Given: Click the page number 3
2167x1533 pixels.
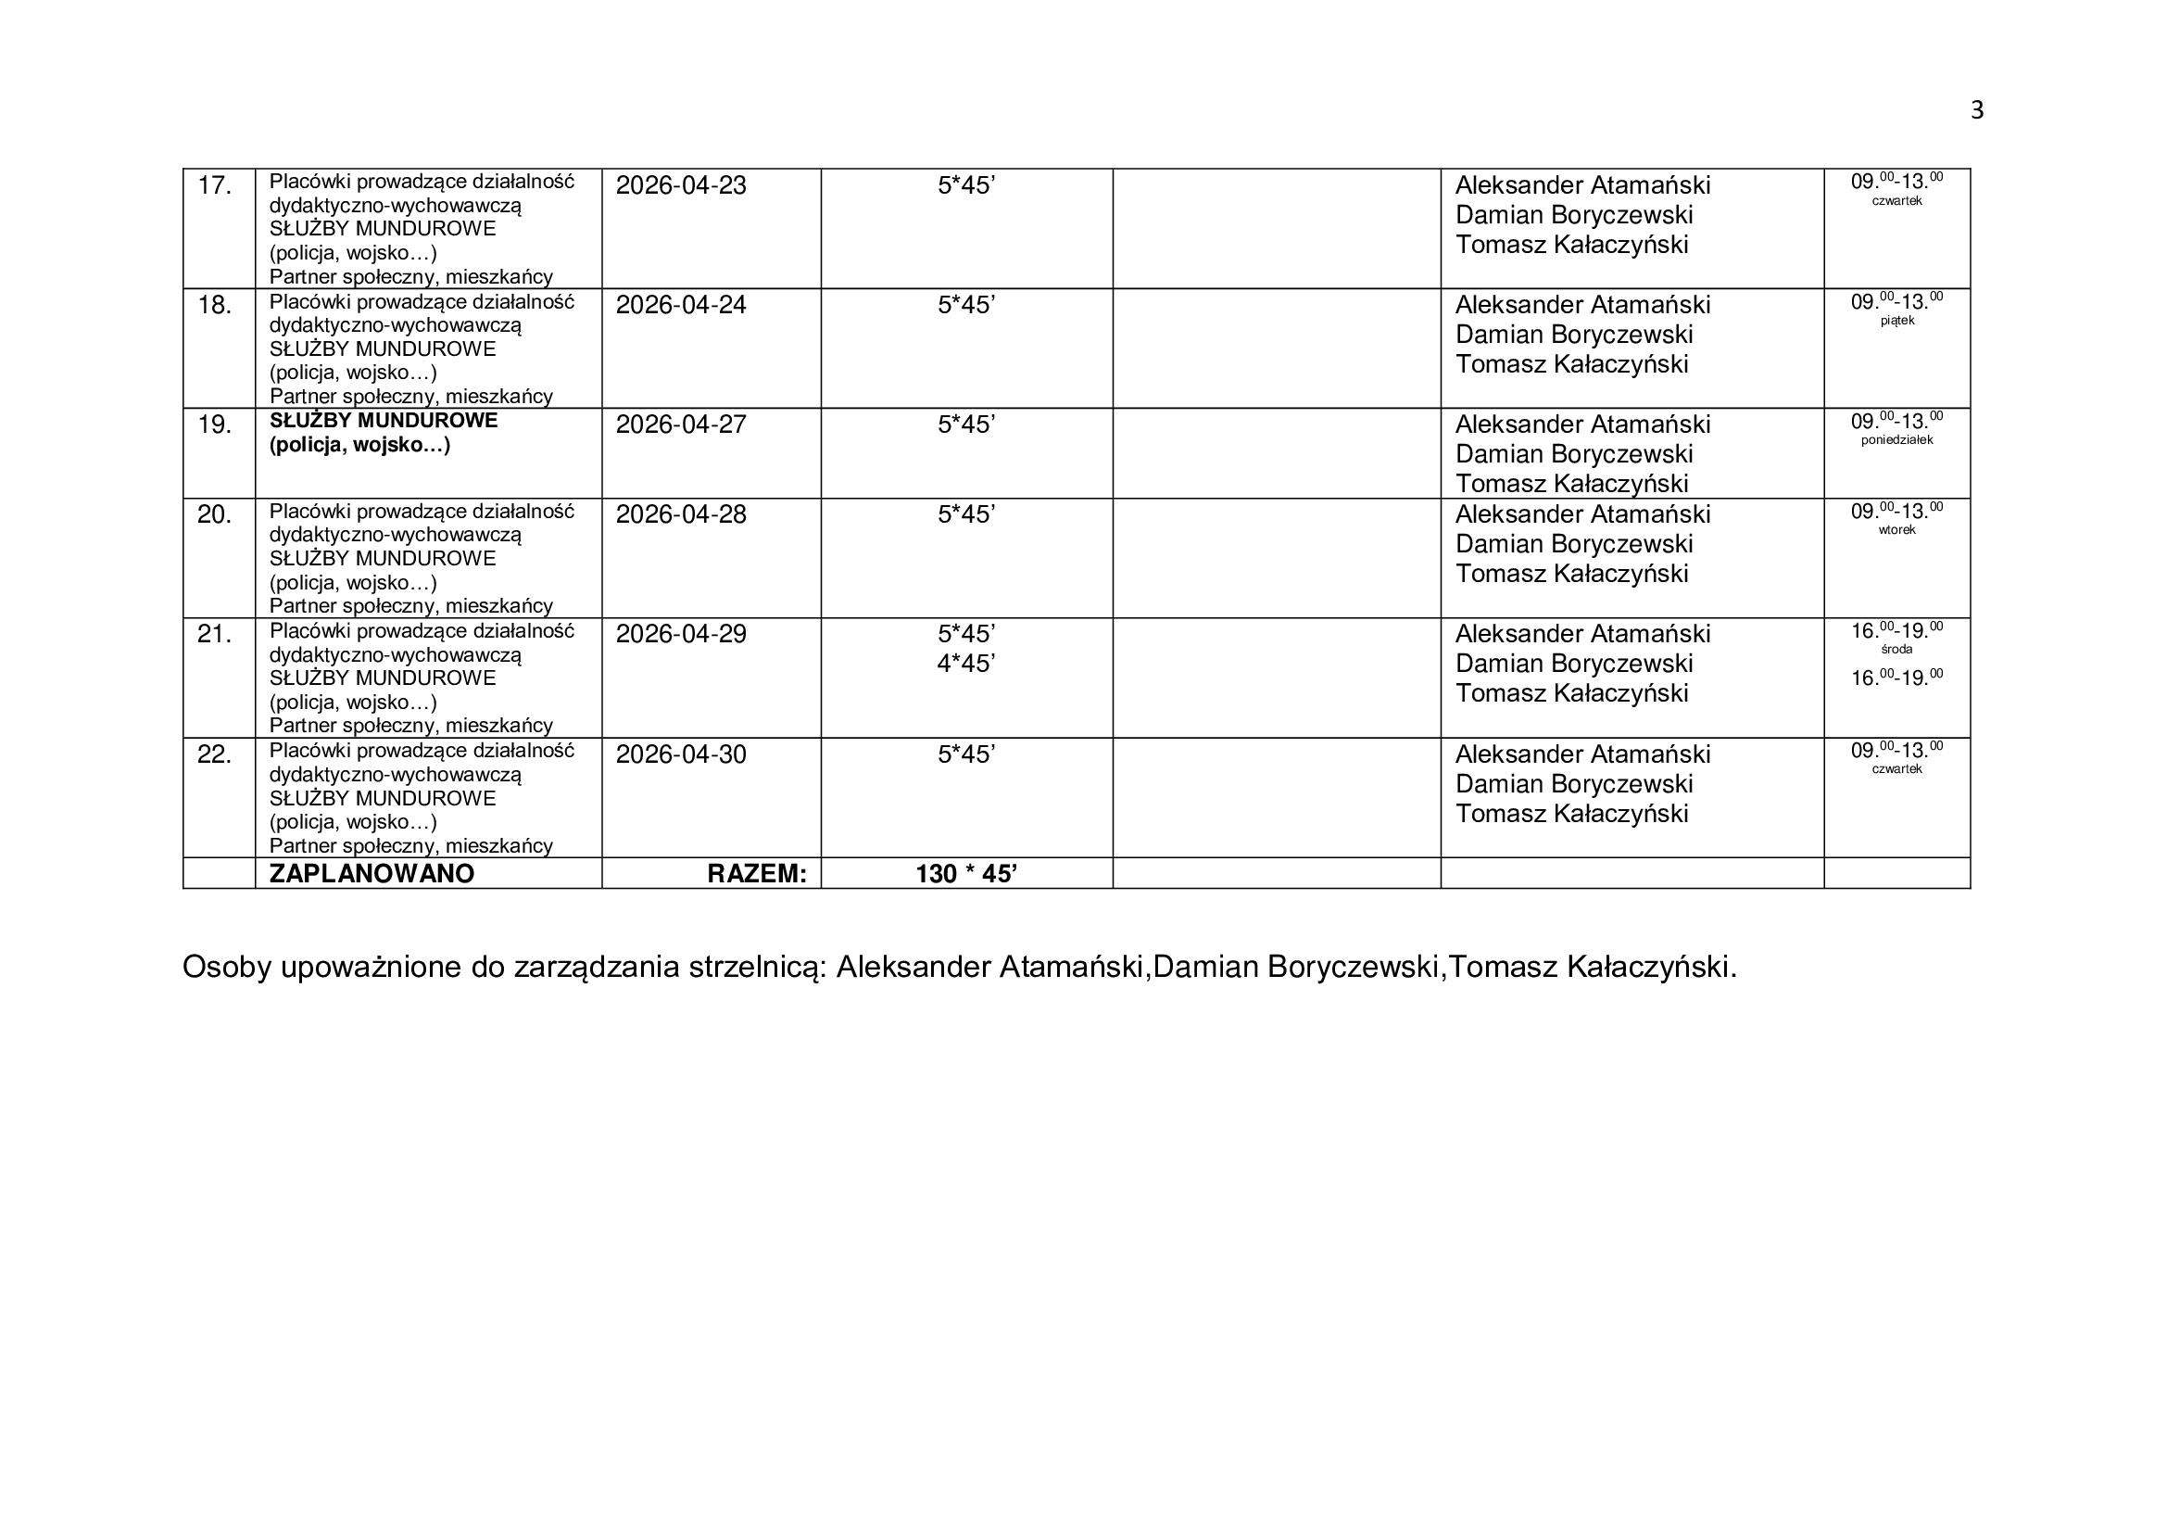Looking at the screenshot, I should [1976, 111].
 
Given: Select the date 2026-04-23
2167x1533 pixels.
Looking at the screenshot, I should [681, 186].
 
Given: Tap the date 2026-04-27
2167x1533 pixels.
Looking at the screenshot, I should [681, 424].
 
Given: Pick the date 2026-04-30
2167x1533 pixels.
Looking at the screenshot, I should [681, 755].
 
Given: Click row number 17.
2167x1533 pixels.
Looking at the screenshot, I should [214, 186].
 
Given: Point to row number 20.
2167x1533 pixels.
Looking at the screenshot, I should [214, 515].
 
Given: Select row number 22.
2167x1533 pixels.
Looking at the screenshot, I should [214, 755].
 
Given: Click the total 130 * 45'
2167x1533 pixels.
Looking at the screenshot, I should [965, 874].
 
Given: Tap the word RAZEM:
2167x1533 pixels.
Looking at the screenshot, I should [757, 874].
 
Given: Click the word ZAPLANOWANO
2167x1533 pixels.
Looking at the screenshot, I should [372, 874].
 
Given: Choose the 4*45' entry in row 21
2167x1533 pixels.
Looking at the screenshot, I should [965, 665].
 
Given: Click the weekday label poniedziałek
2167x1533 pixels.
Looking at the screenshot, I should [1896, 440].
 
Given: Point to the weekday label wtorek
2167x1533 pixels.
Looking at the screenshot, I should [1896, 530].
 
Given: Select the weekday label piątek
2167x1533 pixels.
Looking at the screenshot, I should [1896, 321].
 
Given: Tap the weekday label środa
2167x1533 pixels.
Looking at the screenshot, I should [1896, 650].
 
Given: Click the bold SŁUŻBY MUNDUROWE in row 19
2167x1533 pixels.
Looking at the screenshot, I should [384, 421].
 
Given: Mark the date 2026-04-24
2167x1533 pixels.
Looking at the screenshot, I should [681, 306].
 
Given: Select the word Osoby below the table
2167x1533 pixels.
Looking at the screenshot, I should [226, 968].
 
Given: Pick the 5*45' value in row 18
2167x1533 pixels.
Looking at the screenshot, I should [965, 306].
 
